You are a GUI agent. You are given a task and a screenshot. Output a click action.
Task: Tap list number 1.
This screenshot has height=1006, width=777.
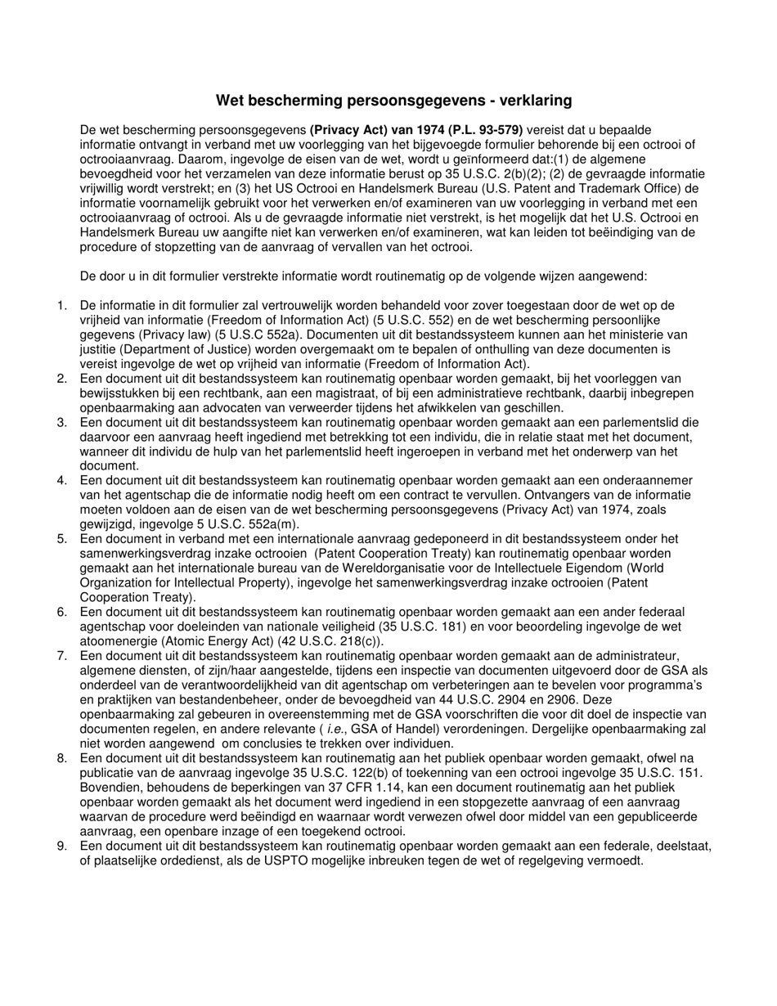click(x=61, y=306)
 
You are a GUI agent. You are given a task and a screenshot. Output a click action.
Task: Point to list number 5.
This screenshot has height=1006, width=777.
click(x=61, y=539)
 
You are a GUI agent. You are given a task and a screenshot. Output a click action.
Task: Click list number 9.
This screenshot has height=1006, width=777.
click(x=61, y=847)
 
